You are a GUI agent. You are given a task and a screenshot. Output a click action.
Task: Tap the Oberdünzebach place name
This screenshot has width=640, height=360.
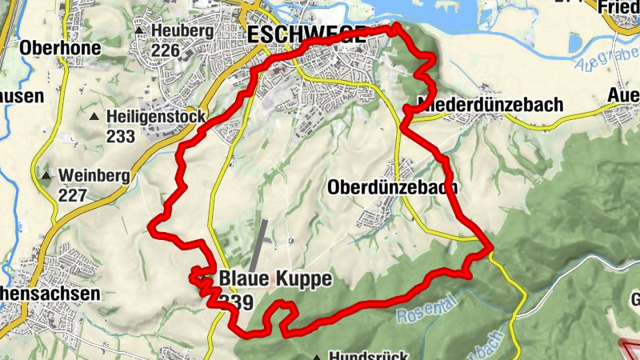pyautogui.click(x=392, y=187)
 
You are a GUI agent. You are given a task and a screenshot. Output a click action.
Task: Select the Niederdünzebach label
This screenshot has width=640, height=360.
pyautogui.click(x=490, y=105)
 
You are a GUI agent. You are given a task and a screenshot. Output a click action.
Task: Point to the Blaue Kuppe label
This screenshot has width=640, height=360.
pyautogui.click(x=274, y=278)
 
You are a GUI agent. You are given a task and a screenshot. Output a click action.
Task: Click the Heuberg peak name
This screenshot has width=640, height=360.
pyautogui.click(x=182, y=31)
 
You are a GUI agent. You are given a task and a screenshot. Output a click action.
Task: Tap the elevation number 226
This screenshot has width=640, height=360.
pyautogui.click(x=165, y=50)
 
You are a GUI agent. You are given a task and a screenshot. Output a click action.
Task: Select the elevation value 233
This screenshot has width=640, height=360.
pyautogui.click(x=120, y=136)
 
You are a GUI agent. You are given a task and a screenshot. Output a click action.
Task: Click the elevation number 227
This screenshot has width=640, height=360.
pyautogui.click(x=72, y=194)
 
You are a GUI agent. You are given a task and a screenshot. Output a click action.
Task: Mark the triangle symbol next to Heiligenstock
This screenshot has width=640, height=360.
pyautogui.click(x=95, y=117)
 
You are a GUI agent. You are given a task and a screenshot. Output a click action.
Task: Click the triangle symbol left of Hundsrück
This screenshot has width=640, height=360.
pyautogui.click(x=318, y=357)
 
